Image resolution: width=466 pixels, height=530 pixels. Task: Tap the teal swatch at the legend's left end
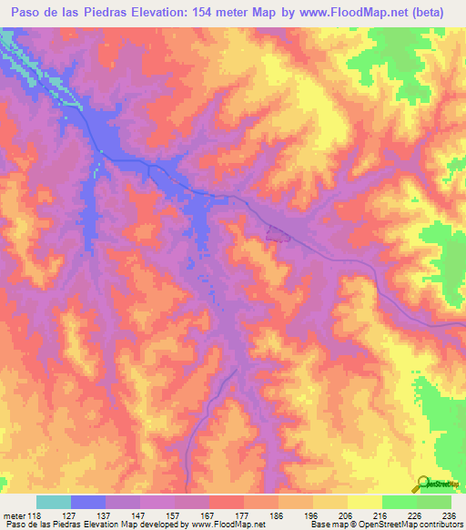pos(54,502)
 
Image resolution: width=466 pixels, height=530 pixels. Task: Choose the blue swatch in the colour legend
pos(88,502)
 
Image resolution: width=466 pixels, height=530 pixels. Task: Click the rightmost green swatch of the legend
pos(434,502)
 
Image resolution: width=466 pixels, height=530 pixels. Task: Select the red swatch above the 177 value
pos(227,502)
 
